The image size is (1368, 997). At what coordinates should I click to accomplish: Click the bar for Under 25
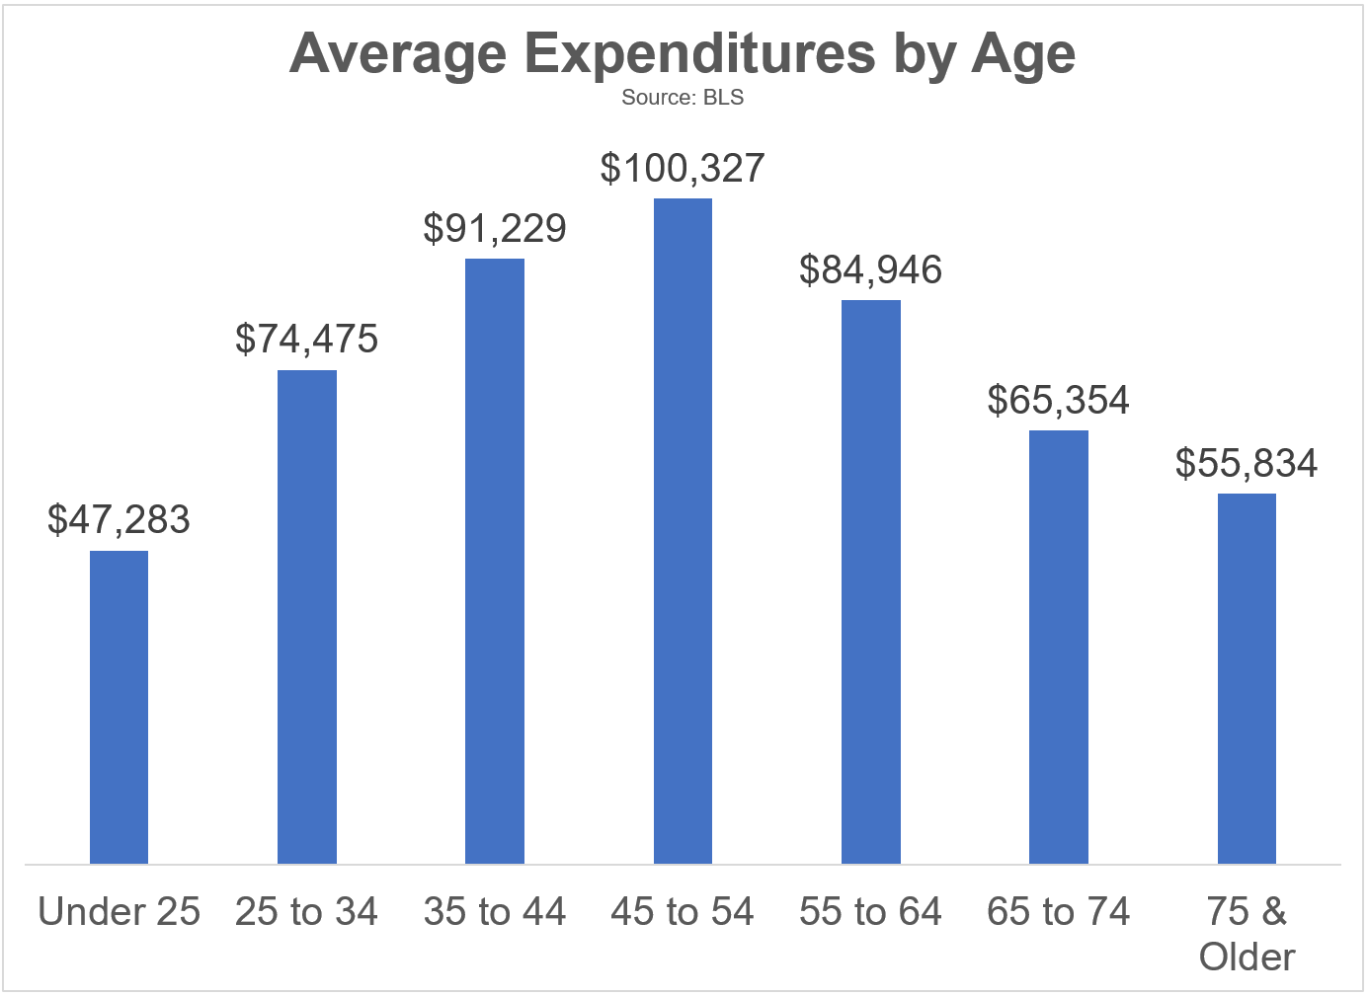(119, 707)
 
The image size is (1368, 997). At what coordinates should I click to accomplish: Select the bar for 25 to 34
(307, 617)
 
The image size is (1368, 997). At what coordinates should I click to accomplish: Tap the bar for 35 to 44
(495, 561)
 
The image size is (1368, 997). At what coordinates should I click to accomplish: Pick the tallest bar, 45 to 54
(683, 531)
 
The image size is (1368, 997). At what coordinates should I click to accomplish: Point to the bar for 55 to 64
(871, 581)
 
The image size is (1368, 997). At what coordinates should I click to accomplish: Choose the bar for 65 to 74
(1059, 647)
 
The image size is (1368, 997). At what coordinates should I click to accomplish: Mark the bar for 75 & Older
(1247, 678)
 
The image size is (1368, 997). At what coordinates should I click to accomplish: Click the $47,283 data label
(119, 520)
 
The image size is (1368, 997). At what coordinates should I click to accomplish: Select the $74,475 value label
(307, 340)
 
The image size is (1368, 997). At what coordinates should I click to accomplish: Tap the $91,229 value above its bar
(495, 228)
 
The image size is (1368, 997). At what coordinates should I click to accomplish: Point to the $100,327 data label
(683, 169)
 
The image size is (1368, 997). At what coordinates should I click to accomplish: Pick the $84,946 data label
(871, 270)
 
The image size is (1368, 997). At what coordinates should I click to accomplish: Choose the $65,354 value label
(1059, 401)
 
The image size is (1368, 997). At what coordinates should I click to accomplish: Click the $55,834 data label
(1247, 464)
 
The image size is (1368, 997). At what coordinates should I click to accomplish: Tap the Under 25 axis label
(119, 912)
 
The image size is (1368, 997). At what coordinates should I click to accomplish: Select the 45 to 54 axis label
(683, 912)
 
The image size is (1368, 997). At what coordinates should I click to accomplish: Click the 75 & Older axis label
(1247, 934)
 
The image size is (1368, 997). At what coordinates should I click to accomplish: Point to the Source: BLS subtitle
(683, 98)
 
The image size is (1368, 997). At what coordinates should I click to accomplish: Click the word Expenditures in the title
(699, 53)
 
